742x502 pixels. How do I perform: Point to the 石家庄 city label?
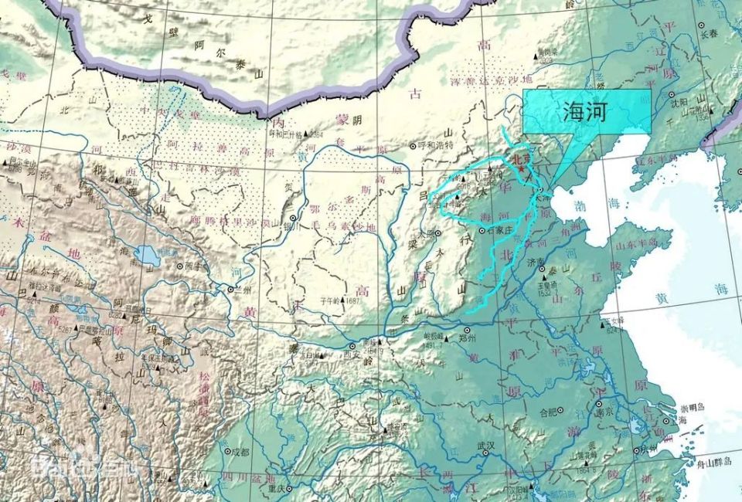click(x=498, y=230)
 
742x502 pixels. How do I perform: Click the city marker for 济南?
click(x=529, y=264)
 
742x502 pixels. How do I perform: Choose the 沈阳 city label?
click(x=677, y=101)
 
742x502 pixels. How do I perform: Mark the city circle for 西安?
click(x=353, y=347)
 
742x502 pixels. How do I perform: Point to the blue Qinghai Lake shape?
click(x=145, y=254)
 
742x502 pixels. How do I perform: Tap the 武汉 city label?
click(x=485, y=446)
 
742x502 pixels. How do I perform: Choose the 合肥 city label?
click(x=548, y=412)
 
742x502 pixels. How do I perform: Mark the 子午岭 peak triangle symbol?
click(x=331, y=301)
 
